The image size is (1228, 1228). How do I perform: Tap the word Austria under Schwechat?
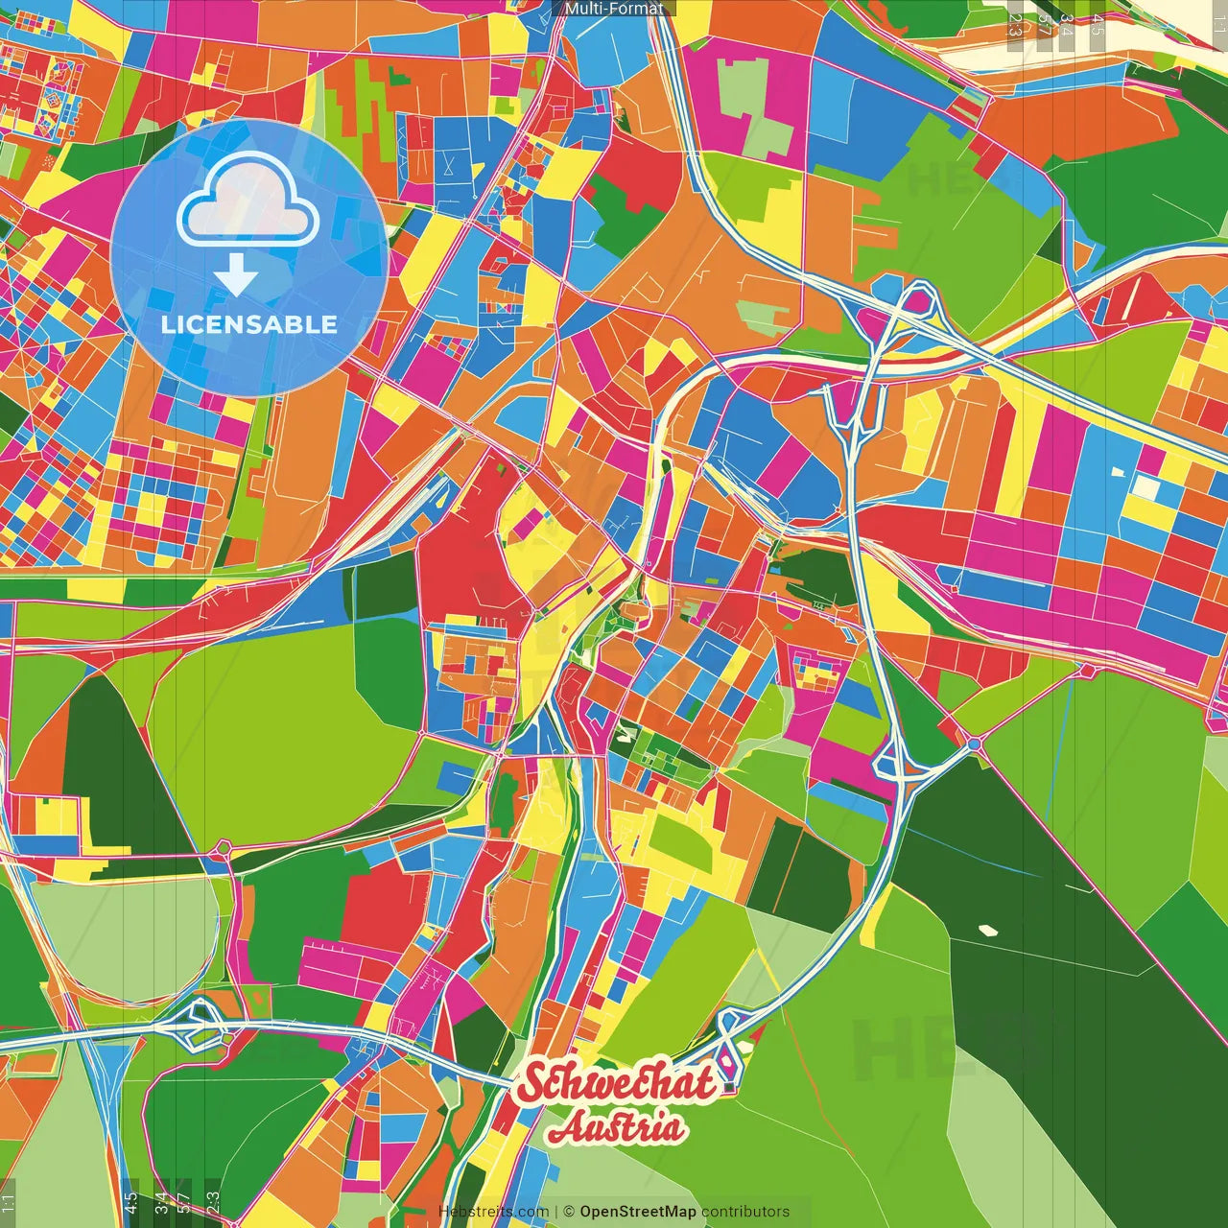[617, 1128]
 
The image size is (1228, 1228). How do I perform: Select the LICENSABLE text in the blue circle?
[249, 324]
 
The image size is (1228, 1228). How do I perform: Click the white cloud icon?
[248, 201]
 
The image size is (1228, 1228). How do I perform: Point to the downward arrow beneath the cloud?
[236, 277]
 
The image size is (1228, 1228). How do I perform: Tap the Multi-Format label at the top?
[614, 9]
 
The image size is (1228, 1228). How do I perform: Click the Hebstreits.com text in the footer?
[493, 1212]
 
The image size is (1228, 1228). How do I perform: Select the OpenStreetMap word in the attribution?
[637, 1212]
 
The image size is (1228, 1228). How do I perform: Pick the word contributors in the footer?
[745, 1212]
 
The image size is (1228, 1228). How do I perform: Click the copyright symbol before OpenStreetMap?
[568, 1212]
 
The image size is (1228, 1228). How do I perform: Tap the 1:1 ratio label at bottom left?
[9, 1205]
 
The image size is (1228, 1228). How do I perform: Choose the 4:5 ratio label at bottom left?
[130, 1203]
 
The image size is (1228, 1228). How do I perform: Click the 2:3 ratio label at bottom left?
[213, 1203]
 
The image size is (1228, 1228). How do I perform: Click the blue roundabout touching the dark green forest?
[974, 744]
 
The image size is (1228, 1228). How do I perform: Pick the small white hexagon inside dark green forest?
[986, 929]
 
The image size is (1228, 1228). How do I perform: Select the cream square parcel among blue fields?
[1145, 487]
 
